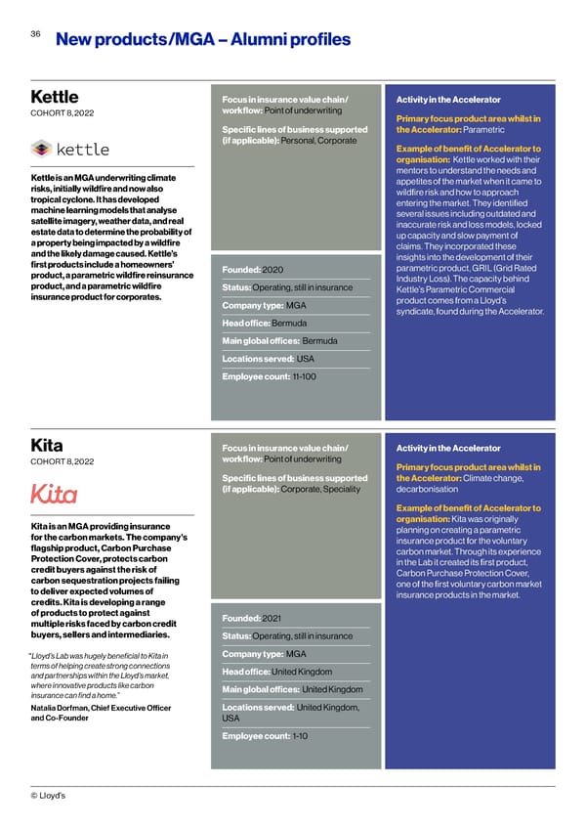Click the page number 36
point(35,33)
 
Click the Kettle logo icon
point(41,149)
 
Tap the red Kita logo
point(55,493)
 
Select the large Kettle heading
point(56,97)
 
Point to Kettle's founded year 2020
point(272,270)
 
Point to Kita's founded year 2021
point(272,617)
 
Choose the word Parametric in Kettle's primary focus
point(477,130)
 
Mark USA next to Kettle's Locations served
point(306,358)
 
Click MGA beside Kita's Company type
point(297,654)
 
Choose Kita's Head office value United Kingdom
point(302,672)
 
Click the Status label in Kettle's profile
point(236,287)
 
